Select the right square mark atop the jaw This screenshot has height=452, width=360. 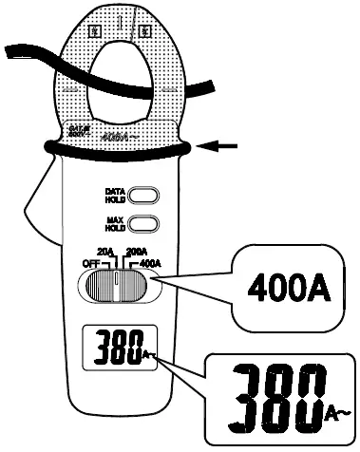pyautogui.click(x=144, y=30)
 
